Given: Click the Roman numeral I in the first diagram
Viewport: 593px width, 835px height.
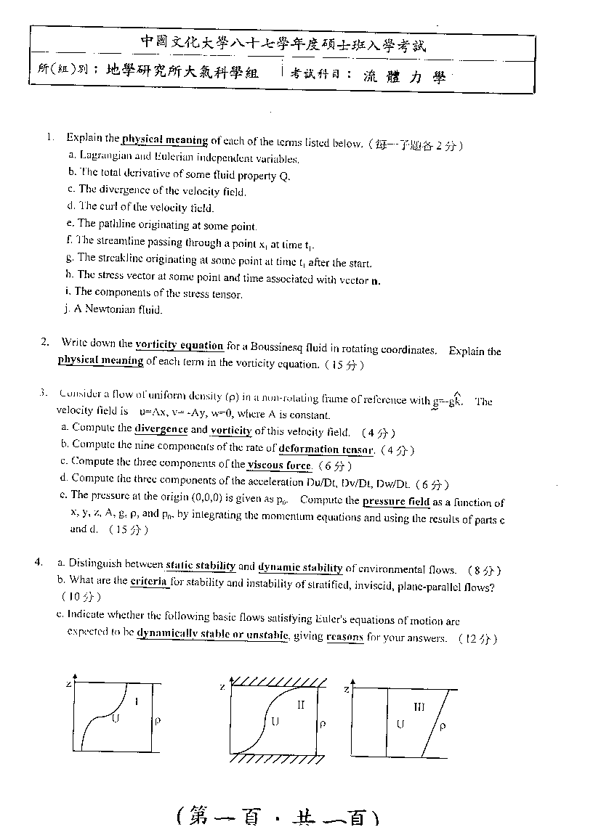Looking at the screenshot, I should point(135,701).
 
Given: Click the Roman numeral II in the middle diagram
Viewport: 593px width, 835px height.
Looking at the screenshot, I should point(300,704).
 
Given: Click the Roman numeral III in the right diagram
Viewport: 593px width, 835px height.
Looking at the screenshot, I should point(419,706).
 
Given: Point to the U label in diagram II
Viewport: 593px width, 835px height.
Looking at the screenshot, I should point(275,722).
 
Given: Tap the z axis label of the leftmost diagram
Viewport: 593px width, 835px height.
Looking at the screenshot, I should point(68,684).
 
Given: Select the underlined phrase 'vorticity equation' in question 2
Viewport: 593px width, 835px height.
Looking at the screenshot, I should point(179,346).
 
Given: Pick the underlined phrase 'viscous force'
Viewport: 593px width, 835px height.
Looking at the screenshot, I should point(279,465).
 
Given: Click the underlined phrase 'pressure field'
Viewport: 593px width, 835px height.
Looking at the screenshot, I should point(396,501).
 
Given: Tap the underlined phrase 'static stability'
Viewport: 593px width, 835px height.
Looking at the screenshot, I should point(201,566).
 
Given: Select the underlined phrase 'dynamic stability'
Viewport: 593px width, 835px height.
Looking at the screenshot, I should point(300,569).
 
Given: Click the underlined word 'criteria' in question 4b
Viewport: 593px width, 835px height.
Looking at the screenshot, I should point(149,581).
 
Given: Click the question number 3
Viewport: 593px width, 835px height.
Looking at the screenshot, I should point(44,394).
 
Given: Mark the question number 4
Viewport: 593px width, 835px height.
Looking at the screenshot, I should point(37,561).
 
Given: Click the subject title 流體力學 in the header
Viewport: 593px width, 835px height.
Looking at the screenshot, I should point(404,77).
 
